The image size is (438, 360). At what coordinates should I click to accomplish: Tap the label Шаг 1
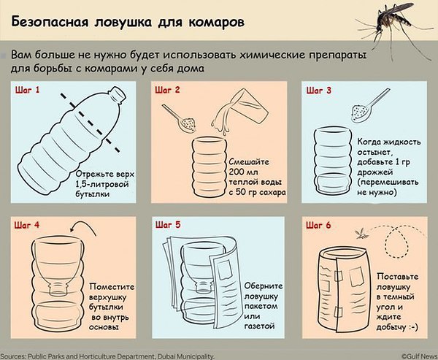click(28, 90)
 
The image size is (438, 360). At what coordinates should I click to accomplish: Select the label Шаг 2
click(167, 90)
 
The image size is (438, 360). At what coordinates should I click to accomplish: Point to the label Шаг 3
click(319, 91)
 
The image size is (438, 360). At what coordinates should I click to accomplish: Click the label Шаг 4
click(27, 225)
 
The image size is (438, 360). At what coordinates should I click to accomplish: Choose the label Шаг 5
click(168, 225)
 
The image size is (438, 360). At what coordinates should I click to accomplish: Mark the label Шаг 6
click(318, 226)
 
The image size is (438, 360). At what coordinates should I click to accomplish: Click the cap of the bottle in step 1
click(118, 93)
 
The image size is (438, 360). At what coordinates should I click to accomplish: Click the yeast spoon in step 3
click(369, 106)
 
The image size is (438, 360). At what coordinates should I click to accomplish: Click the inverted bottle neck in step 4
click(58, 288)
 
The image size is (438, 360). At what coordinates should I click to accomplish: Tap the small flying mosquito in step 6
click(361, 234)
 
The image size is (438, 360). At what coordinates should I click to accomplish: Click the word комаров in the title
click(217, 23)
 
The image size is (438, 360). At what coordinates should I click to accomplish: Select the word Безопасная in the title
click(50, 23)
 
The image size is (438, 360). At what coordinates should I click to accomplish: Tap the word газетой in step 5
click(259, 326)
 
